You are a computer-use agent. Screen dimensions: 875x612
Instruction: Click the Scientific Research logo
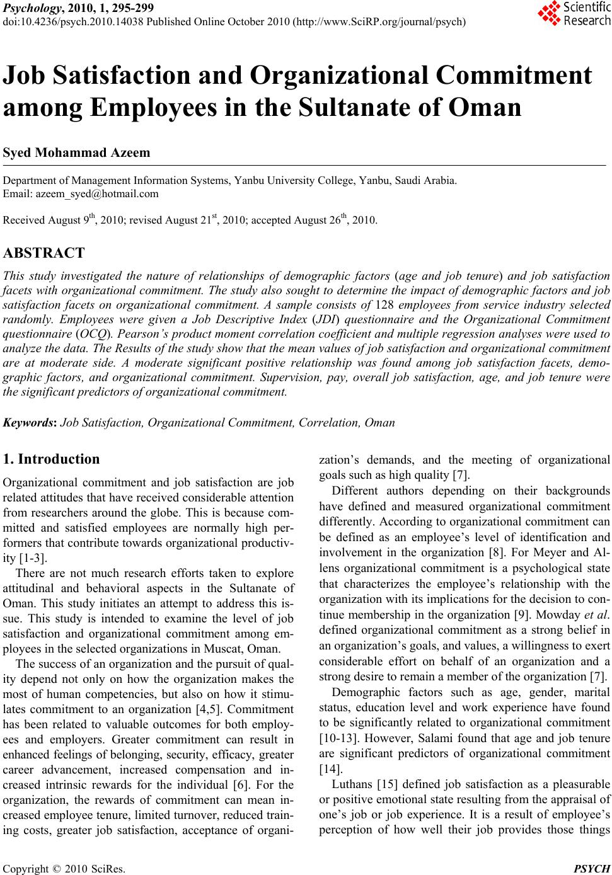(x=574, y=14)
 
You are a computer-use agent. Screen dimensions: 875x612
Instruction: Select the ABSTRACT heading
(x=43, y=254)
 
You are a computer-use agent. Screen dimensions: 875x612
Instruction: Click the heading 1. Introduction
(x=51, y=459)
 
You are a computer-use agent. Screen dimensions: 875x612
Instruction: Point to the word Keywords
(x=30, y=422)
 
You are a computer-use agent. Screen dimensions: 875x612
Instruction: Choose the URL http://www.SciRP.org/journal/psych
(x=380, y=22)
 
